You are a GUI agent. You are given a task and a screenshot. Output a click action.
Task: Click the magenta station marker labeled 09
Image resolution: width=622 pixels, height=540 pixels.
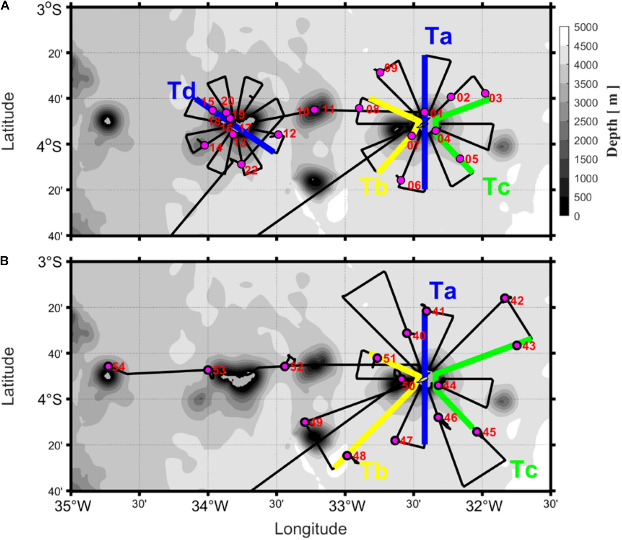[x=380, y=72]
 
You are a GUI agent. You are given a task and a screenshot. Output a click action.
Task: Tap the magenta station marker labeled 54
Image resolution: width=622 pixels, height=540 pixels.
[x=108, y=366]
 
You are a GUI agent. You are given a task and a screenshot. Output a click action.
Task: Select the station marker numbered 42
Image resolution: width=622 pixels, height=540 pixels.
[x=505, y=298]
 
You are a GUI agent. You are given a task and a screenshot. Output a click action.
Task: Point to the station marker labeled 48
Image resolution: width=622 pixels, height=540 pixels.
[x=347, y=455]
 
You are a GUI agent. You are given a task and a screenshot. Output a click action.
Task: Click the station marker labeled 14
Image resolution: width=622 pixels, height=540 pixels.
[x=205, y=145]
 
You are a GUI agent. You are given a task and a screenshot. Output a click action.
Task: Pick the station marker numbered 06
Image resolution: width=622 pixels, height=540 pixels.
[x=401, y=180]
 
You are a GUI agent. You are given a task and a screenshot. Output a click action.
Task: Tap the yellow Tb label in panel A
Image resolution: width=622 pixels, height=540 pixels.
[x=373, y=187]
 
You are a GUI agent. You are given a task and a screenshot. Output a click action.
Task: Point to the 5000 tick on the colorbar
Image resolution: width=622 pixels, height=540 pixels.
[x=585, y=27]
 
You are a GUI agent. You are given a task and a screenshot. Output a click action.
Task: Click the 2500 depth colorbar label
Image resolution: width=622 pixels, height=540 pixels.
[x=585, y=122]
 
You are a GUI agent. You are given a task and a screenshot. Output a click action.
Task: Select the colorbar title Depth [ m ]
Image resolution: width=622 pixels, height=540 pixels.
[x=612, y=121]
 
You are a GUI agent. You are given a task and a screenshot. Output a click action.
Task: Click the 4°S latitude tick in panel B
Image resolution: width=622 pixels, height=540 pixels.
[x=50, y=400]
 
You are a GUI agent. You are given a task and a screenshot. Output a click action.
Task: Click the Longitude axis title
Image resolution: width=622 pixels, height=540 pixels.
[x=311, y=529]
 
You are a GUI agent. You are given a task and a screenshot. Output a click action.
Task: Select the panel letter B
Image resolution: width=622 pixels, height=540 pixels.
[x=4, y=261]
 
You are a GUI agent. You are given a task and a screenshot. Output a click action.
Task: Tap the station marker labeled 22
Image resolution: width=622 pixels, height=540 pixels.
[x=241, y=164]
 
